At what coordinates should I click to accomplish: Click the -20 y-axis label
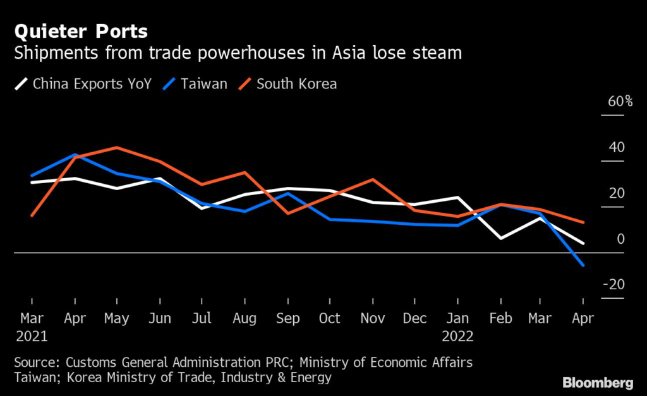coord(614,285)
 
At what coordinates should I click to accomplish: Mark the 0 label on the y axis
coord(620,239)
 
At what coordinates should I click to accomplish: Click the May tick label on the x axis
coord(118,318)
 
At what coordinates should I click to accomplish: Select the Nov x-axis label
coord(373,318)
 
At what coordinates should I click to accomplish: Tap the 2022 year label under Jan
coord(458,336)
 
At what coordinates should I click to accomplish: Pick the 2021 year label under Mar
coord(33,336)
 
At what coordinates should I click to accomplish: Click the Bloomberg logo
coord(598,382)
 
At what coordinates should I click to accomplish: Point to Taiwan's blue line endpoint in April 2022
coord(583,265)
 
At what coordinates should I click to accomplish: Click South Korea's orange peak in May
coord(118,148)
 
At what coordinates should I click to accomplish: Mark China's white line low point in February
coord(500,238)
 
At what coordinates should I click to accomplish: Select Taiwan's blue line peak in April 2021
coord(75,154)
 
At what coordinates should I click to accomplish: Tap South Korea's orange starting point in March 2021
coord(32,215)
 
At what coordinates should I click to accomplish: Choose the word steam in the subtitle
coord(438,54)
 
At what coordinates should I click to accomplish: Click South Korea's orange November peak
coord(373,179)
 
